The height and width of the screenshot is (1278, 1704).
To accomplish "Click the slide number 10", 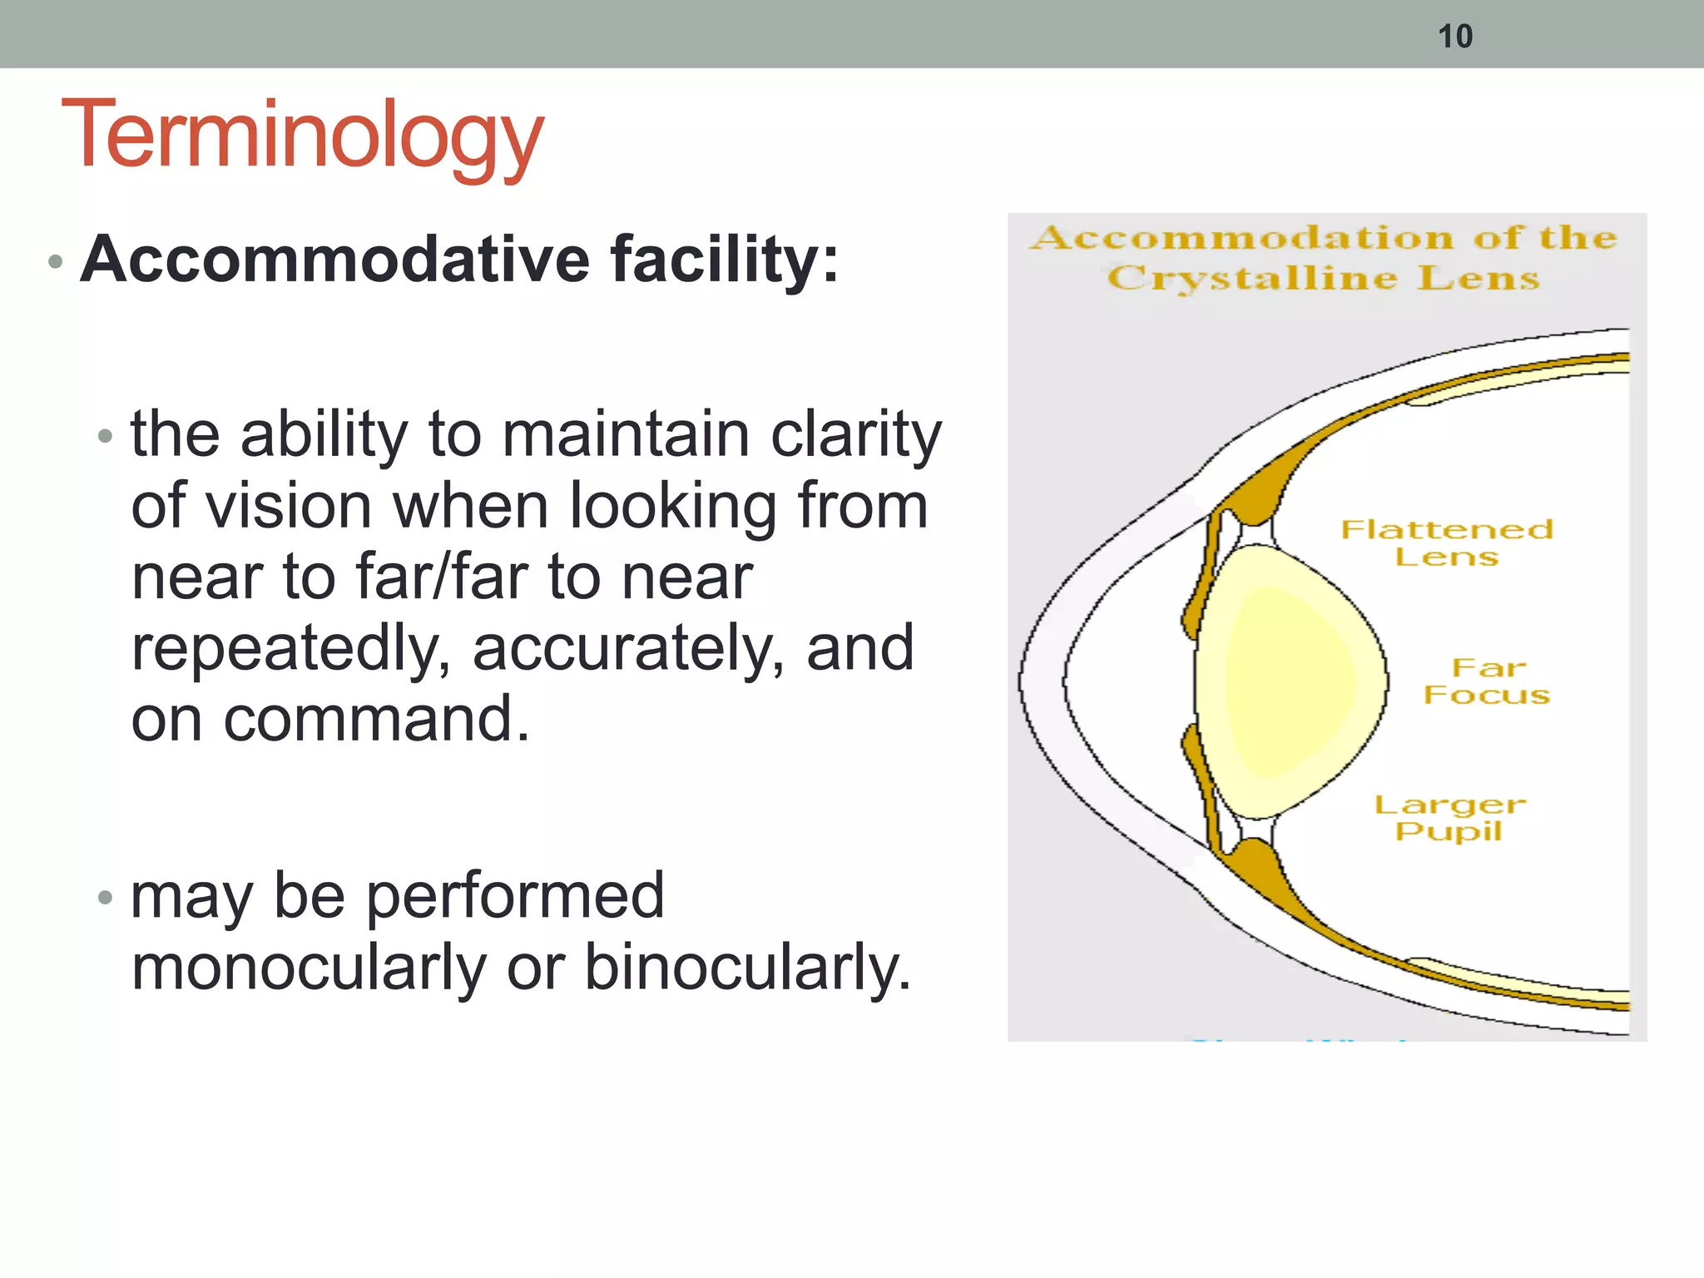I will click(1455, 37).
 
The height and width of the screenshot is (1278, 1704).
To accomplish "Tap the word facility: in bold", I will click(725, 260).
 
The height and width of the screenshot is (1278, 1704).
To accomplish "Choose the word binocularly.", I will click(748, 968).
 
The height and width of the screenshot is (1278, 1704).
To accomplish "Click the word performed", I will click(515, 897).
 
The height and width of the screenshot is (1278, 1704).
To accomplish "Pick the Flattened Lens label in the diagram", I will click(1447, 542).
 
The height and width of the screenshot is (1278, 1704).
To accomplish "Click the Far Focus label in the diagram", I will click(1487, 681).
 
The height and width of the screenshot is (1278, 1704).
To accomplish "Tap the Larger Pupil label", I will click(1449, 817).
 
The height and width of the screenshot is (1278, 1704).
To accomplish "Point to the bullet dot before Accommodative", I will click(56, 262).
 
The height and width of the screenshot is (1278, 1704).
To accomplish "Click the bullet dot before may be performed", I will click(104, 898).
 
